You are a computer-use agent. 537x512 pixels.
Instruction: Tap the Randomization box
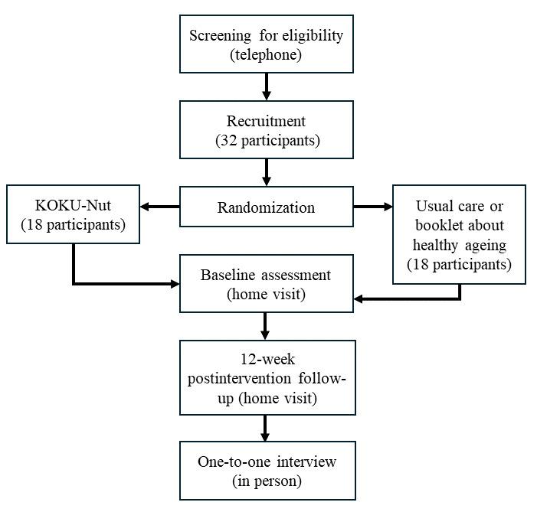coord(266,207)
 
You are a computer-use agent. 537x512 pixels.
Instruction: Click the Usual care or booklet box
coord(459,234)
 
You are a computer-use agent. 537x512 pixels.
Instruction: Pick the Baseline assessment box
coord(266,283)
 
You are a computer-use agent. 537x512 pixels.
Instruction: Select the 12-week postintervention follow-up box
coord(266,377)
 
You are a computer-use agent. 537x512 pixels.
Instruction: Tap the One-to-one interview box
coord(266,470)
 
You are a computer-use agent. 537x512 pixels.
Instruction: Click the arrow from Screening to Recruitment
coord(266,86)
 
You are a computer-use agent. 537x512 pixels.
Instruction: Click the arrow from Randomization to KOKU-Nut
coord(159,207)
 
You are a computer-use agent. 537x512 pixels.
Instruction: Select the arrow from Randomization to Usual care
coord(372,207)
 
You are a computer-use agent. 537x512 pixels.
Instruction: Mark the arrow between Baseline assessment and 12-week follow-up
coord(266,326)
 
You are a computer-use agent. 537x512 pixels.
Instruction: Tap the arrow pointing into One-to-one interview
coord(266,429)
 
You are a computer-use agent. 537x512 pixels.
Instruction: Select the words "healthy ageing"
coord(459,245)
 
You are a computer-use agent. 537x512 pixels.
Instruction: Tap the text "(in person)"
coord(266,481)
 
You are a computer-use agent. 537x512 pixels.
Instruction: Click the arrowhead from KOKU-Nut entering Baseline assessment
coord(174,284)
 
